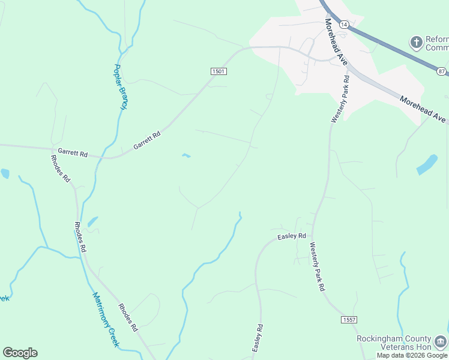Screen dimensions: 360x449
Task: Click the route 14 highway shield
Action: click(x=343, y=25)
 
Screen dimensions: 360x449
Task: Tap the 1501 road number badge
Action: click(x=218, y=71)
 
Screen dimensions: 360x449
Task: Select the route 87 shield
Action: click(x=442, y=71)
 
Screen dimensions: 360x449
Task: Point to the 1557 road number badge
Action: click(x=349, y=320)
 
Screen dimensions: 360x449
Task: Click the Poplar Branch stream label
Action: click(x=121, y=86)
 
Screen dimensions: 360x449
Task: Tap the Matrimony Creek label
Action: click(x=106, y=319)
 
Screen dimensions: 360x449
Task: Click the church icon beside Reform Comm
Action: click(x=416, y=43)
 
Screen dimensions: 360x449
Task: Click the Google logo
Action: click(x=20, y=353)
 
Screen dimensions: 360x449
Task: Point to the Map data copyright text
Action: click(x=412, y=355)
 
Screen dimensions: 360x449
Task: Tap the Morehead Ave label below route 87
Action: click(x=423, y=110)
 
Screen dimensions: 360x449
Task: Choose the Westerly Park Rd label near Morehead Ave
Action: click(x=340, y=99)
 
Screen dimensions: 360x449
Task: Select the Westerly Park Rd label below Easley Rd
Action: click(x=317, y=266)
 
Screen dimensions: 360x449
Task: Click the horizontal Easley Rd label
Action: click(x=292, y=237)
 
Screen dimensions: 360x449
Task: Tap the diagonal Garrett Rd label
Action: click(x=147, y=141)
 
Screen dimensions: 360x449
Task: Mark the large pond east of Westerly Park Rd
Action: click(x=427, y=164)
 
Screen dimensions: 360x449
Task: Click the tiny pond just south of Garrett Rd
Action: click(x=186, y=156)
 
